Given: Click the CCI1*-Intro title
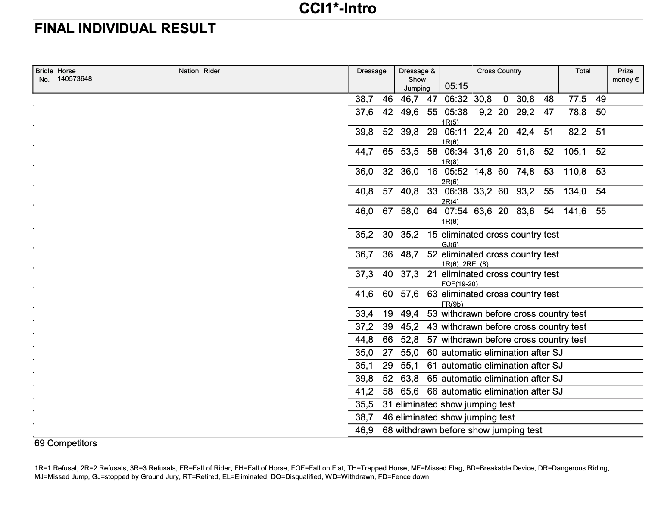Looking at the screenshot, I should coord(337,8).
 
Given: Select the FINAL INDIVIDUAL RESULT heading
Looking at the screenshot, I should coord(125,29).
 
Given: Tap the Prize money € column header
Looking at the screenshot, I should coord(625,75).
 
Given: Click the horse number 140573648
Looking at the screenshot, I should coord(75,79).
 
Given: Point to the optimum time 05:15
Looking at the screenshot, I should coord(456,86).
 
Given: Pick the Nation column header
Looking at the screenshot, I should coord(189,71).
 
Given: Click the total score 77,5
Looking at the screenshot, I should coord(577,99).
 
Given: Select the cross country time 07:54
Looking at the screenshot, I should coord(456,211).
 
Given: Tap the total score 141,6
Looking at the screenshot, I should coord(575,211).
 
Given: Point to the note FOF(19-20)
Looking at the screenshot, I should coord(460,284).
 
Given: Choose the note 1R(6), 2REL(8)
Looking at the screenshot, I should coord(465,264).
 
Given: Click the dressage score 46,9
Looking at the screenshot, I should coord(364,430).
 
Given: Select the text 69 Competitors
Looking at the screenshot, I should coord(65,443).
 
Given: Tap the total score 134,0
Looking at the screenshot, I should coord(575,191).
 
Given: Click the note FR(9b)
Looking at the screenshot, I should coord(452,304).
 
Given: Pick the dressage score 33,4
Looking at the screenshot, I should coord(364,314).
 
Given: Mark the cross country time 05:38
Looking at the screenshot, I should coord(456,112).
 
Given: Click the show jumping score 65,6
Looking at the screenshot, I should coord(409,391).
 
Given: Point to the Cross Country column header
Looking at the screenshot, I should coord(499,71).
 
